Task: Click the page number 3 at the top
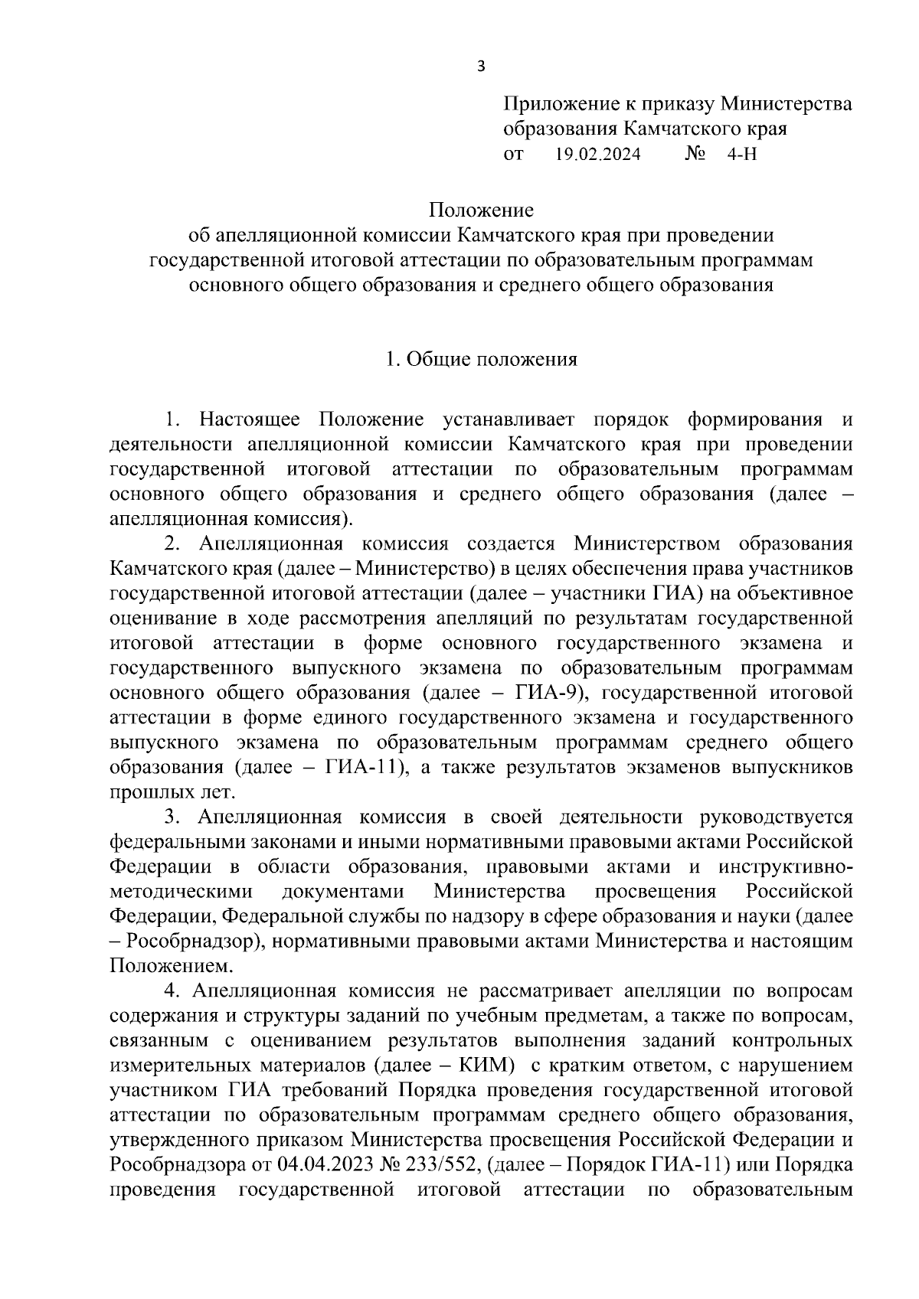pyautogui.click(x=481, y=67)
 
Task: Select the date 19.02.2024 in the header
pyautogui.click(x=597, y=155)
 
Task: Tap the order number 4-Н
pyautogui.click(x=742, y=155)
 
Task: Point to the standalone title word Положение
pyautogui.click(x=481, y=210)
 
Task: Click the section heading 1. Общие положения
pyautogui.click(x=481, y=359)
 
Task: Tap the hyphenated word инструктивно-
pyautogui.click(x=785, y=867)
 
